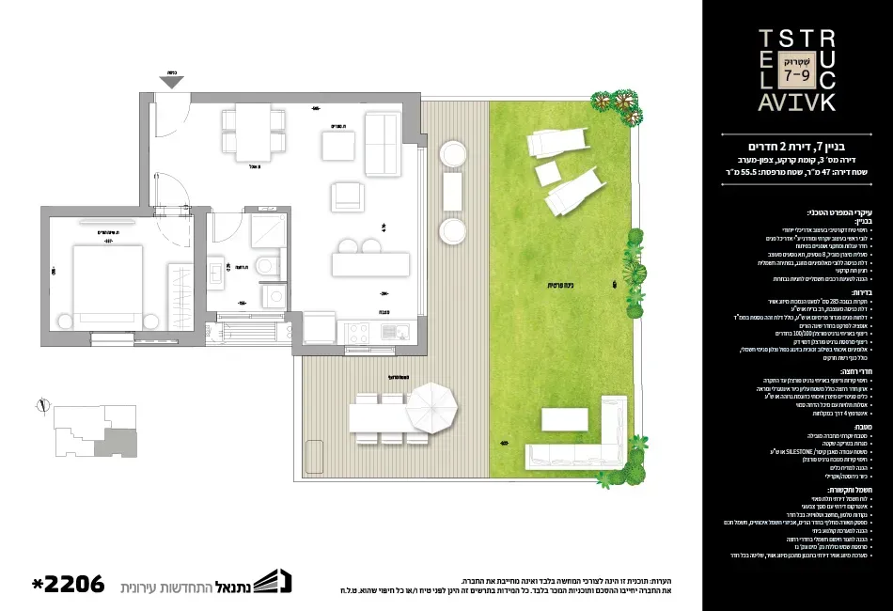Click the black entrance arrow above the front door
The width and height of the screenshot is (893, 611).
172,82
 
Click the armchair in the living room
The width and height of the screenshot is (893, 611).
346,196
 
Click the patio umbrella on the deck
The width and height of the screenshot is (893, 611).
431,408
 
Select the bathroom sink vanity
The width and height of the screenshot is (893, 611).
218,273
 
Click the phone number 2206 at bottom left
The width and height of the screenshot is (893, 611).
66,584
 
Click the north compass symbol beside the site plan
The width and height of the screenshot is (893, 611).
40,407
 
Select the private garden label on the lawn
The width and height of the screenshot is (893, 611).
562,287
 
